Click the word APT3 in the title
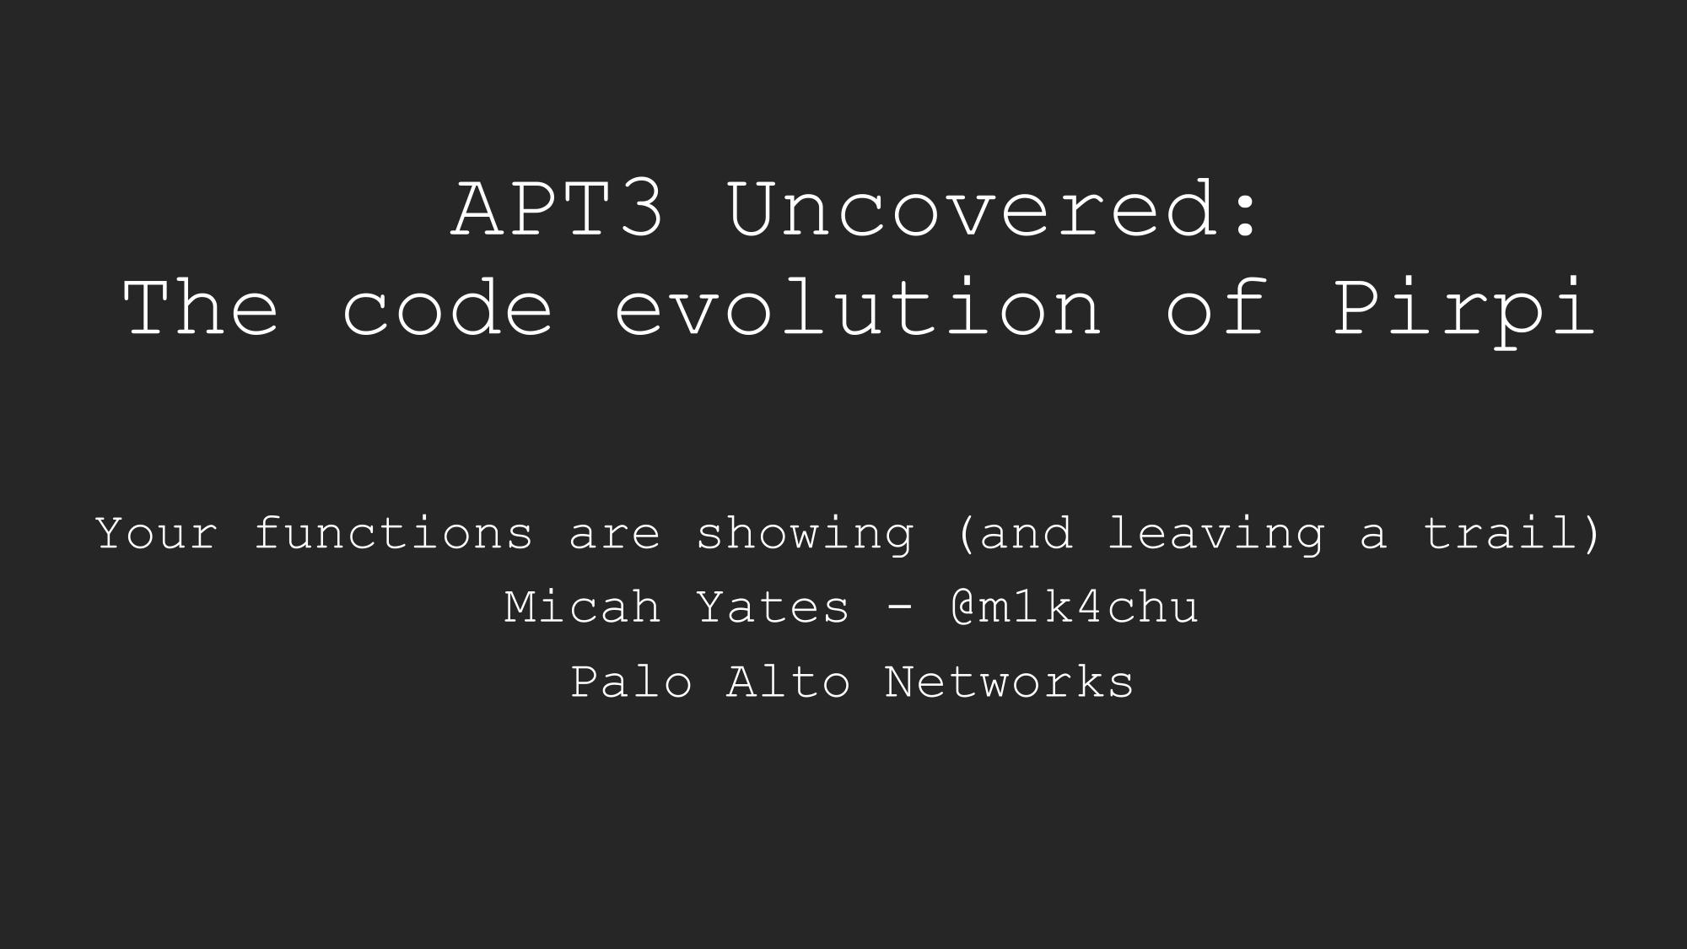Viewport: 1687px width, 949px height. click(x=558, y=208)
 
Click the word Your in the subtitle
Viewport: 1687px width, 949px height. click(x=157, y=533)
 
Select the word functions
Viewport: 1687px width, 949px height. click(x=393, y=533)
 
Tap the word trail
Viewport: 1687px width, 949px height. click(x=1501, y=533)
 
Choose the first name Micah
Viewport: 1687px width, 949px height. click(x=582, y=607)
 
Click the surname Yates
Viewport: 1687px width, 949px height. click(x=773, y=607)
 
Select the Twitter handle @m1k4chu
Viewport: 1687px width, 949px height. click(x=1074, y=607)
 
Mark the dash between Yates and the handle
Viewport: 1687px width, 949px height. click(x=900, y=609)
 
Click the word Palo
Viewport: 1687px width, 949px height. click(x=631, y=681)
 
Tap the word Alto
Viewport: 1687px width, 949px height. click(x=788, y=681)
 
